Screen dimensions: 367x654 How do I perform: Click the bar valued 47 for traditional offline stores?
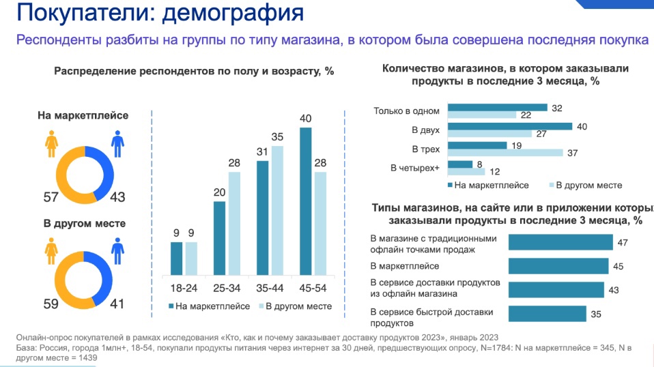coord(560,242)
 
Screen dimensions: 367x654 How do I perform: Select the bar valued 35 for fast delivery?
coord(547,313)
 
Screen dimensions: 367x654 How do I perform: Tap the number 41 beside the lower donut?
coord(117,304)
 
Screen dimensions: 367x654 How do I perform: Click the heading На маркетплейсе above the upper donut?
coord(82,116)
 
